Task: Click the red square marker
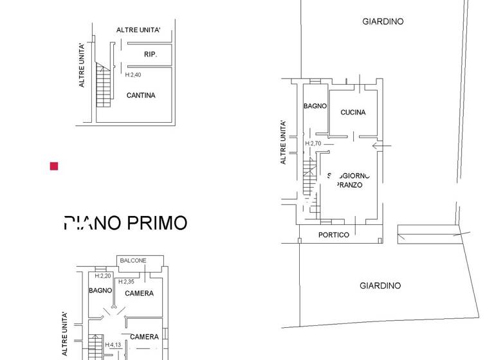pyautogui.click(x=54, y=166)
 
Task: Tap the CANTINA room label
pyautogui.click(x=141, y=96)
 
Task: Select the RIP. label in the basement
pyautogui.click(x=151, y=55)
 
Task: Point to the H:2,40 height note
pyautogui.click(x=133, y=75)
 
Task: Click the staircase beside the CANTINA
pyautogui.click(x=104, y=85)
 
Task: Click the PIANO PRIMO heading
pyautogui.click(x=126, y=223)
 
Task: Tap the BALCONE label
pyautogui.click(x=133, y=260)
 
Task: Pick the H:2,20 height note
pyautogui.click(x=103, y=276)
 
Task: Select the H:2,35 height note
pyautogui.click(x=126, y=282)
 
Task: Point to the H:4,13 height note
pyautogui.click(x=113, y=345)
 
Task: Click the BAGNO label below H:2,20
pyautogui.click(x=100, y=291)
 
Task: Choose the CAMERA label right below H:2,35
pyautogui.click(x=139, y=294)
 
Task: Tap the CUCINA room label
pyautogui.click(x=353, y=113)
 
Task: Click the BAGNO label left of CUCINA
pyautogui.click(x=315, y=106)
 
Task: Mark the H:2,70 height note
pyautogui.click(x=313, y=143)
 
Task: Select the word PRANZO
pyautogui.click(x=350, y=185)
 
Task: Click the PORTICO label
pyautogui.click(x=334, y=235)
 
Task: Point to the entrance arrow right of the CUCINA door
pyautogui.click(x=381, y=147)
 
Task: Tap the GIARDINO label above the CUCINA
pyautogui.click(x=383, y=22)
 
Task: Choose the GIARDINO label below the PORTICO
pyautogui.click(x=380, y=286)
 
